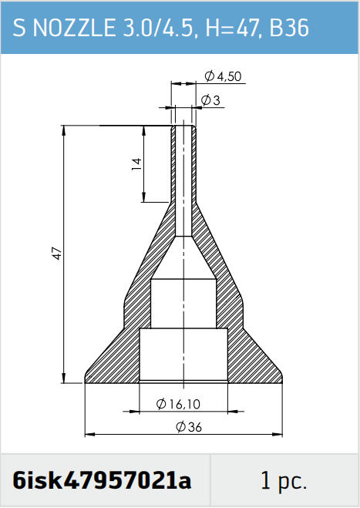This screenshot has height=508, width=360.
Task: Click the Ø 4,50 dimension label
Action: [224, 76]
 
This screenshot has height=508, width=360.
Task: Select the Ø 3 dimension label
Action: [210, 100]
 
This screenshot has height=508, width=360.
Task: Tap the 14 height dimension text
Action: [136, 164]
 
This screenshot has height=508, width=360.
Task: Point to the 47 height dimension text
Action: [57, 253]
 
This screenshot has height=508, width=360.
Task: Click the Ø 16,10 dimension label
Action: [178, 404]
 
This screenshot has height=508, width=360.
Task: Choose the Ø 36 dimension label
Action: [189, 427]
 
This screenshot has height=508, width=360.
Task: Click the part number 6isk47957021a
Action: [102, 480]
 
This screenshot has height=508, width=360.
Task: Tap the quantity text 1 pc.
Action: [284, 481]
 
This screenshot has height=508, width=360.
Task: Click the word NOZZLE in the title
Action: [74, 28]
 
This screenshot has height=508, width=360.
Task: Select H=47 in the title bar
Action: [230, 28]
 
